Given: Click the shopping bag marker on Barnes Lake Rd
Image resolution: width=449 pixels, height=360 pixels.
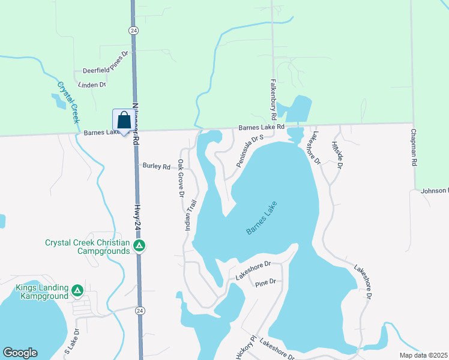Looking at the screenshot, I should (x=123, y=121).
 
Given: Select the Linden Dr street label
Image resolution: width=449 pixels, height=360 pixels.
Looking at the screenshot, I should (x=94, y=85).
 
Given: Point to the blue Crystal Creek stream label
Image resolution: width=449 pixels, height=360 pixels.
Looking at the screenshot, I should (x=68, y=101).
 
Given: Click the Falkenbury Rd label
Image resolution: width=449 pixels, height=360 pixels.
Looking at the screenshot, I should (x=273, y=98).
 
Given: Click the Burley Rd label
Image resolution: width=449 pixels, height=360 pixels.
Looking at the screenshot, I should (x=156, y=166).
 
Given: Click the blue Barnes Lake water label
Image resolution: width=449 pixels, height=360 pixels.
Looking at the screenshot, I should (x=262, y=218).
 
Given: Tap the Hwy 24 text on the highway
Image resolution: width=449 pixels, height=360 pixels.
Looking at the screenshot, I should (x=137, y=217).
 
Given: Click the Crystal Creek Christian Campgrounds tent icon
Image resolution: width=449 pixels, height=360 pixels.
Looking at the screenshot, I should (x=139, y=246).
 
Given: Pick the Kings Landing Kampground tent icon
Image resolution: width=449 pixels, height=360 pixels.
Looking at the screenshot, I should (x=77, y=291).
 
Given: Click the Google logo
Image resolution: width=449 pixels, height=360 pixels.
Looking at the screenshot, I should (x=20, y=353).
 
